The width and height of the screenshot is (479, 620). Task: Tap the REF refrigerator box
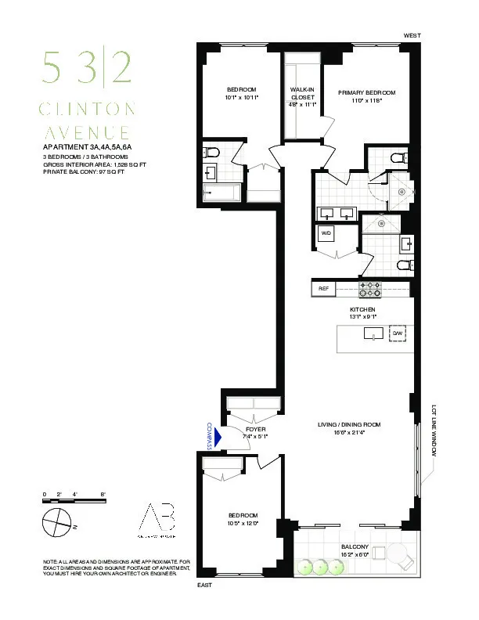pyautogui.click(x=323, y=289)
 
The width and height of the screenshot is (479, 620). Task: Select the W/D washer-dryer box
pyautogui.click(x=326, y=232)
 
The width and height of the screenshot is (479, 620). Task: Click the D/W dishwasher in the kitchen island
pyautogui.click(x=398, y=334)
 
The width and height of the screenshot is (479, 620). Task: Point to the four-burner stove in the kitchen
pyautogui.click(x=369, y=290)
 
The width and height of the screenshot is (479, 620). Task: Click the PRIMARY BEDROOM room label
pyautogui.click(x=367, y=92)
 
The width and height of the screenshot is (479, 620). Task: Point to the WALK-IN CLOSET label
pyautogui.click(x=302, y=93)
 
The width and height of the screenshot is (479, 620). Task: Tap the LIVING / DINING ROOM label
pyautogui.click(x=348, y=425)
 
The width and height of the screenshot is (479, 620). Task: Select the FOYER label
pyautogui.click(x=256, y=430)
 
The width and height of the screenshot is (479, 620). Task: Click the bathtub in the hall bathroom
pyautogui.click(x=223, y=192)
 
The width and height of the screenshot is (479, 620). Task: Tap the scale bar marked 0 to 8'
pyautogui.click(x=74, y=496)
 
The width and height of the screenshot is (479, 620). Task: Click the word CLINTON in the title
pyautogui.click(x=89, y=108)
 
